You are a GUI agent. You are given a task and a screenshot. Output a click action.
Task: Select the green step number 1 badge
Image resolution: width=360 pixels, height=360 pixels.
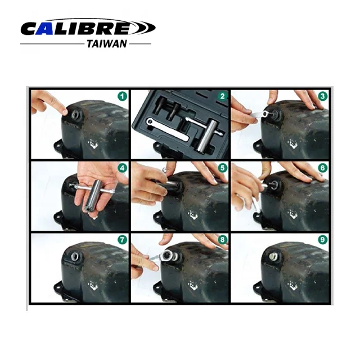pyautogui.click(x=121, y=96)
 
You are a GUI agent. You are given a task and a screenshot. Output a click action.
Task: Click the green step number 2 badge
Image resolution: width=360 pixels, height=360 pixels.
pyautogui.click(x=222, y=96)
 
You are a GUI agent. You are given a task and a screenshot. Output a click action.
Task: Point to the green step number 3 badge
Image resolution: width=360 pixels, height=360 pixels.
pyautogui.click(x=322, y=96)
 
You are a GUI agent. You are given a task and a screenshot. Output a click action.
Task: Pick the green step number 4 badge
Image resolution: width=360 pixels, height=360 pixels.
pyautogui.click(x=121, y=168)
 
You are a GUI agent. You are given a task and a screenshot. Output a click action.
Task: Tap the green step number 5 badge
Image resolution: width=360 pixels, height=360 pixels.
pyautogui.click(x=222, y=168)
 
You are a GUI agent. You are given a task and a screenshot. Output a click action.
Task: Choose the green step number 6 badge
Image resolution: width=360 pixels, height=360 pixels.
pyautogui.click(x=322, y=168)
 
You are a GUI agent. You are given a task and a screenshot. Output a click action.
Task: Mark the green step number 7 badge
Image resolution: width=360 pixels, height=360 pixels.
pyautogui.click(x=121, y=240)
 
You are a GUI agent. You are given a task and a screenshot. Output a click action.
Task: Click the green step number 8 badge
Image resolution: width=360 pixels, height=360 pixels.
pyautogui.click(x=222, y=240)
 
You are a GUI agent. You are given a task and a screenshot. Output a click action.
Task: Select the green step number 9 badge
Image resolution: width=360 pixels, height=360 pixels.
pyautogui.click(x=322, y=240)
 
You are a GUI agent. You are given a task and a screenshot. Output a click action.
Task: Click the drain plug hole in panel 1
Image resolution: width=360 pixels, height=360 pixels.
pyautogui.click(x=73, y=114)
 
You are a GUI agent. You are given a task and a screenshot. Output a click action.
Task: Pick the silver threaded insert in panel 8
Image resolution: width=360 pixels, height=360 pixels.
pyautogui.click(x=167, y=256)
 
